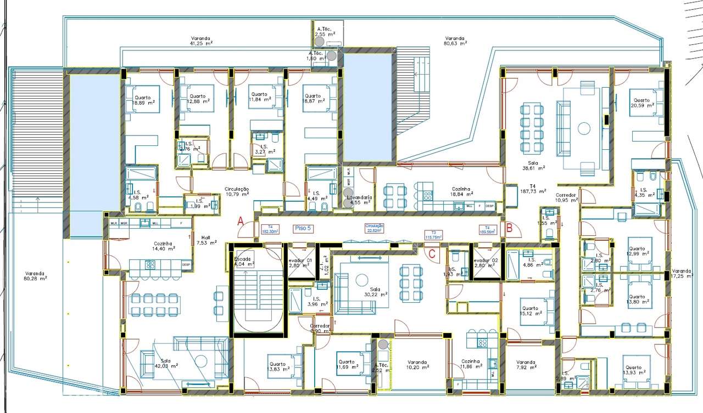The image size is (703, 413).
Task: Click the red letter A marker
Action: [x=239, y=222]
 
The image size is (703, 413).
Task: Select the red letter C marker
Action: [x=432, y=253]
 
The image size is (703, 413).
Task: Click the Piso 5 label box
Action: [x=301, y=229]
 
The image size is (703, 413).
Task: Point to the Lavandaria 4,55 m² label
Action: [x=359, y=200]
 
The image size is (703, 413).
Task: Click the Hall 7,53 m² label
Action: [x=205, y=240]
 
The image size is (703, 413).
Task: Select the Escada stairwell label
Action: [x=243, y=261]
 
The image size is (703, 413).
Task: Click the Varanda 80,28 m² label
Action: [x=35, y=275]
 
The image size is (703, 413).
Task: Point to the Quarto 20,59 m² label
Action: [x=641, y=103]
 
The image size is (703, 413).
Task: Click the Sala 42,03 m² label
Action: [x=166, y=363]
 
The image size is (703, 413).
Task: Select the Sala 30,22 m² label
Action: [x=375, y=291]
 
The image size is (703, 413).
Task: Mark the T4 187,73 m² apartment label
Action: [x=533, y=189]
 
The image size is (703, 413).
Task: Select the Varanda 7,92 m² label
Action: [x=526, y=365]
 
